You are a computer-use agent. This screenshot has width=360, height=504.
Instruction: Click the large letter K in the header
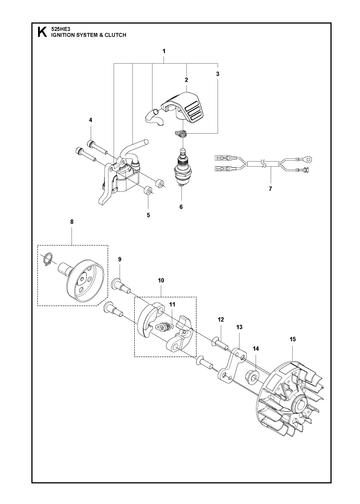pos(42,32)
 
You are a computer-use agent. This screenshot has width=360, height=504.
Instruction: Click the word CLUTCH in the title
pos(117,35)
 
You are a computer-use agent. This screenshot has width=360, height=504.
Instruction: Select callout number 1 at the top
pos(164,51)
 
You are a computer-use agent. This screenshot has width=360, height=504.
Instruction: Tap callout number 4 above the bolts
pos(90,120)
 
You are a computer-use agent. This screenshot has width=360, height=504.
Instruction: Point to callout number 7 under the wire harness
pos(270,189)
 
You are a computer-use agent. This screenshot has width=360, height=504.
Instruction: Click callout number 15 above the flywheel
pos(293,339)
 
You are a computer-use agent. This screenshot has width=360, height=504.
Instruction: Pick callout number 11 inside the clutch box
pos(172,304)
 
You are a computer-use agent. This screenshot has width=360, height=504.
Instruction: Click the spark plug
pos(181,169)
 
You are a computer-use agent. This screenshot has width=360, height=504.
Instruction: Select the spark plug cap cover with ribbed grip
pos(183,107)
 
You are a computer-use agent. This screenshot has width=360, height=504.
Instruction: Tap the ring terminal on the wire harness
pos(309,159)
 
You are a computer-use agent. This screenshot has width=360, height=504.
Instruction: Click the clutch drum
pos(84,279)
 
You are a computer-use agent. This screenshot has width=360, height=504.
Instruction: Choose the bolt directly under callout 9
pos(122,286)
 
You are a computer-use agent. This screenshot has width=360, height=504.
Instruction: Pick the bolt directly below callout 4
pos(97,147)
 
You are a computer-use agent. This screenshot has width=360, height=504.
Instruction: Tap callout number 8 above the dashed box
pos(72,222)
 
